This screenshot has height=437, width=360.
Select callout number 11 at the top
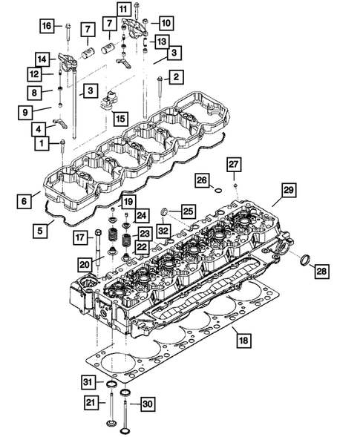click(x=122, y=9)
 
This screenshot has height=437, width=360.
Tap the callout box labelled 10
click(x=165, y=23)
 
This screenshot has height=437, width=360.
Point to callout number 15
click(x=119, y=117)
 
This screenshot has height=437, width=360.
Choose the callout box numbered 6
click(x=24, y=199)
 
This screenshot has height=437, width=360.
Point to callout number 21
click(x=89, y=403)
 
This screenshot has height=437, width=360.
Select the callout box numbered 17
click(x=79, y=237)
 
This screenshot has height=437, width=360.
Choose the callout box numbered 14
click(x=42, y=59)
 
